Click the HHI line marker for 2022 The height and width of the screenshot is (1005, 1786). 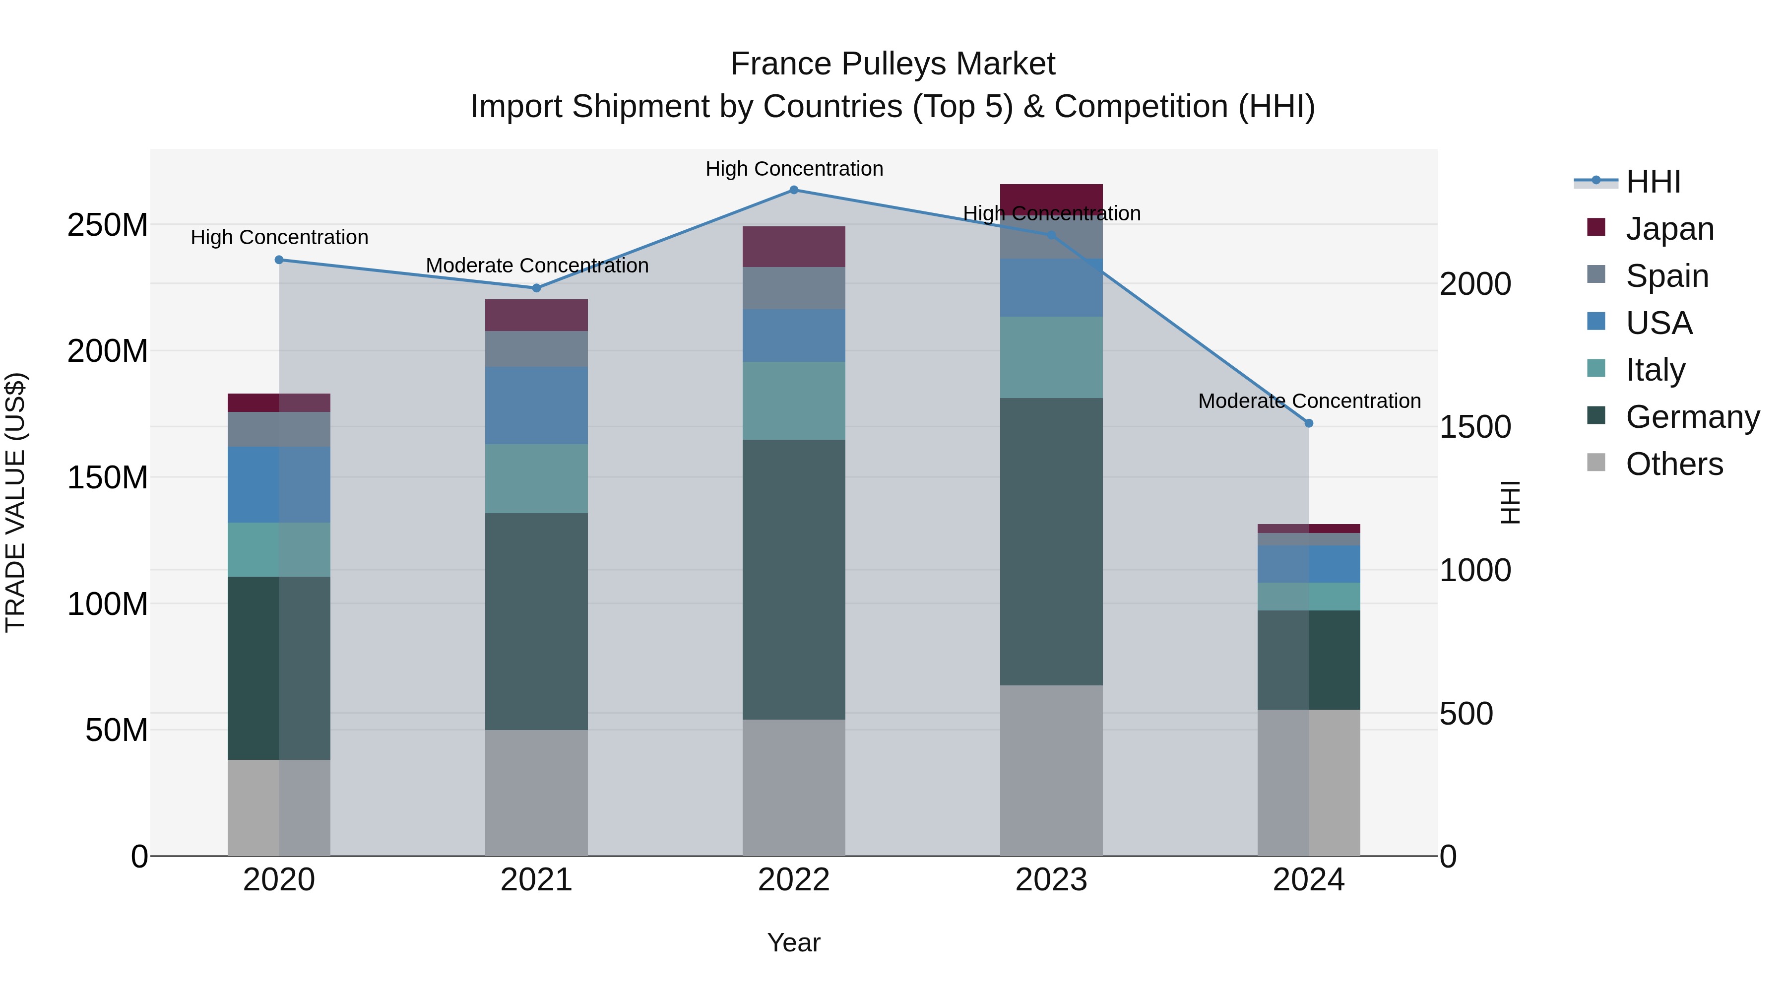[794, 190]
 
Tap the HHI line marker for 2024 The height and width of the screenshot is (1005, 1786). [1308, 423]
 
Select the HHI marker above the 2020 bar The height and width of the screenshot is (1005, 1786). [279, 260]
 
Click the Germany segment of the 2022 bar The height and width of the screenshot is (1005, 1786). [794, 579]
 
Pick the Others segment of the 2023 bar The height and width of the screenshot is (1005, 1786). [1051, 770]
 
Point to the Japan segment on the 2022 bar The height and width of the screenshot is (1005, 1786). [794, 246]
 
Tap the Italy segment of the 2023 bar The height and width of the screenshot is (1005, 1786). [1051, 357]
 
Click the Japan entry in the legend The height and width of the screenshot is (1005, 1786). [1669, 228]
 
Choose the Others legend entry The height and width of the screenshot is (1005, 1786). [1674, 464]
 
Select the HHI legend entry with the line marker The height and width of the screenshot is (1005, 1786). [1653, 182]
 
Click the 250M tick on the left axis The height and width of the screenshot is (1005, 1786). [108, 225]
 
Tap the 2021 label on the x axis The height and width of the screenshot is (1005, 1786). [536, 880]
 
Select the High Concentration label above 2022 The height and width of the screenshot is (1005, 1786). [794, 169]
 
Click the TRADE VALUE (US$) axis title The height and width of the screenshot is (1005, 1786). [15, 502]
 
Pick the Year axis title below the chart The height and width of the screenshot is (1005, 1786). [794, 942]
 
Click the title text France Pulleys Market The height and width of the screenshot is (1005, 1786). [893, 64]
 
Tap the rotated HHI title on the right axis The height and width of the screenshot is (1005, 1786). [1510, 502]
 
